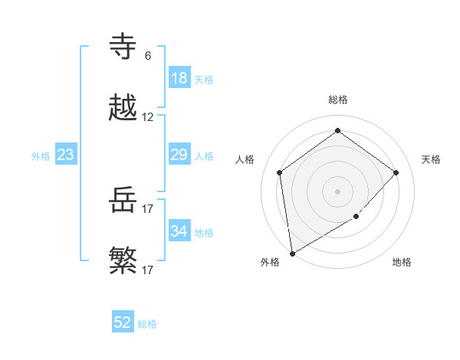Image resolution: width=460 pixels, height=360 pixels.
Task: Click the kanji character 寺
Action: point(123,47)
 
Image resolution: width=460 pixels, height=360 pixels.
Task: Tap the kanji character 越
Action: point(123,108)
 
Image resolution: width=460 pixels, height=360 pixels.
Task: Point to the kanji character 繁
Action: point(123,261)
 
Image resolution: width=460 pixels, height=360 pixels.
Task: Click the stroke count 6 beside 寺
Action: point(147,55)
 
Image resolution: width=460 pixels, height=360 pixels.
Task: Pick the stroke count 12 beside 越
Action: point(148,117)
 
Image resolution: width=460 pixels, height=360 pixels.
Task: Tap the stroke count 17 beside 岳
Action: point(148,208)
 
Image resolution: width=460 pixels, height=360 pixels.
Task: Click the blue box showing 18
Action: point(179,78)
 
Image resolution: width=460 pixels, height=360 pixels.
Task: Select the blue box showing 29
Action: point(179,155)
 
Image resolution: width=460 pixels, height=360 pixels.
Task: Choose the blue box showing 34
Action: point(179,231)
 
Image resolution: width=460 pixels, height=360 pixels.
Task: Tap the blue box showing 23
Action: point(66,155)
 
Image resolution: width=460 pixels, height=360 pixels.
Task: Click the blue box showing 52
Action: point(123,322)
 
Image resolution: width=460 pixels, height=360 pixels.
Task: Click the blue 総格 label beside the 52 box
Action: point(148,324)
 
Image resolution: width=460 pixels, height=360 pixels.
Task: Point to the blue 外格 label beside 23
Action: point(41,156)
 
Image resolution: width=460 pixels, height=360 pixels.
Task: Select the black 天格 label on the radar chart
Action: point(431,159)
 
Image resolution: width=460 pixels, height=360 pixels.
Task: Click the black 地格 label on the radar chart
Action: point(402,262)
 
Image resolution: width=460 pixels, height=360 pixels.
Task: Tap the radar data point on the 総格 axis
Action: point(337,131)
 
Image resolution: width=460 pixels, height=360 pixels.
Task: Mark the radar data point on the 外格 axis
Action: point(292,253)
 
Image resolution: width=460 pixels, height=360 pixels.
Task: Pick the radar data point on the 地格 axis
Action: point(356,217)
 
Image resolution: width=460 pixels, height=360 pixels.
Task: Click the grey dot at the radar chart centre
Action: point(337,191)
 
